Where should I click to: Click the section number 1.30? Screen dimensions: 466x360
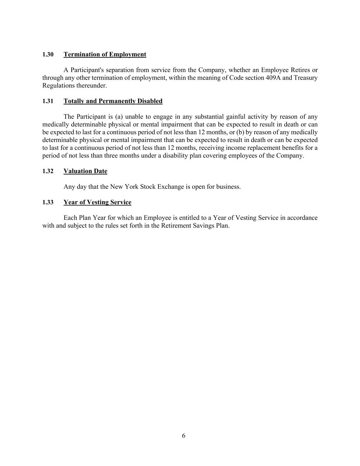pyautogui.click(x=48, y=55)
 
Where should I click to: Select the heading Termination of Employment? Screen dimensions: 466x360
pyautogui.click(x=105, y=55)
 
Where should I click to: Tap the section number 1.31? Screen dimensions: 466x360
pyautogui.click(x=48, y=101)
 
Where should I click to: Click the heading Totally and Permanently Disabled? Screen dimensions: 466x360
pyautogui.click(x=113, y=101)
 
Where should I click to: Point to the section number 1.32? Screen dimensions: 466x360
pyautogui.click(x=48, y=171)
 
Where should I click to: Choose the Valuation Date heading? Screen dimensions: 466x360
pyautogui.click(x=85, y=171)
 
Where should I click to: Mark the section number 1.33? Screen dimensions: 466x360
pyautogui.click(x=48, y=202)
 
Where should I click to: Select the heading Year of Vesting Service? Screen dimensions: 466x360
pyautogui.click(x=97, y=202)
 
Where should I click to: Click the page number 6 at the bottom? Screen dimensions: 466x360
pyautogui.click(x=184, y=436)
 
